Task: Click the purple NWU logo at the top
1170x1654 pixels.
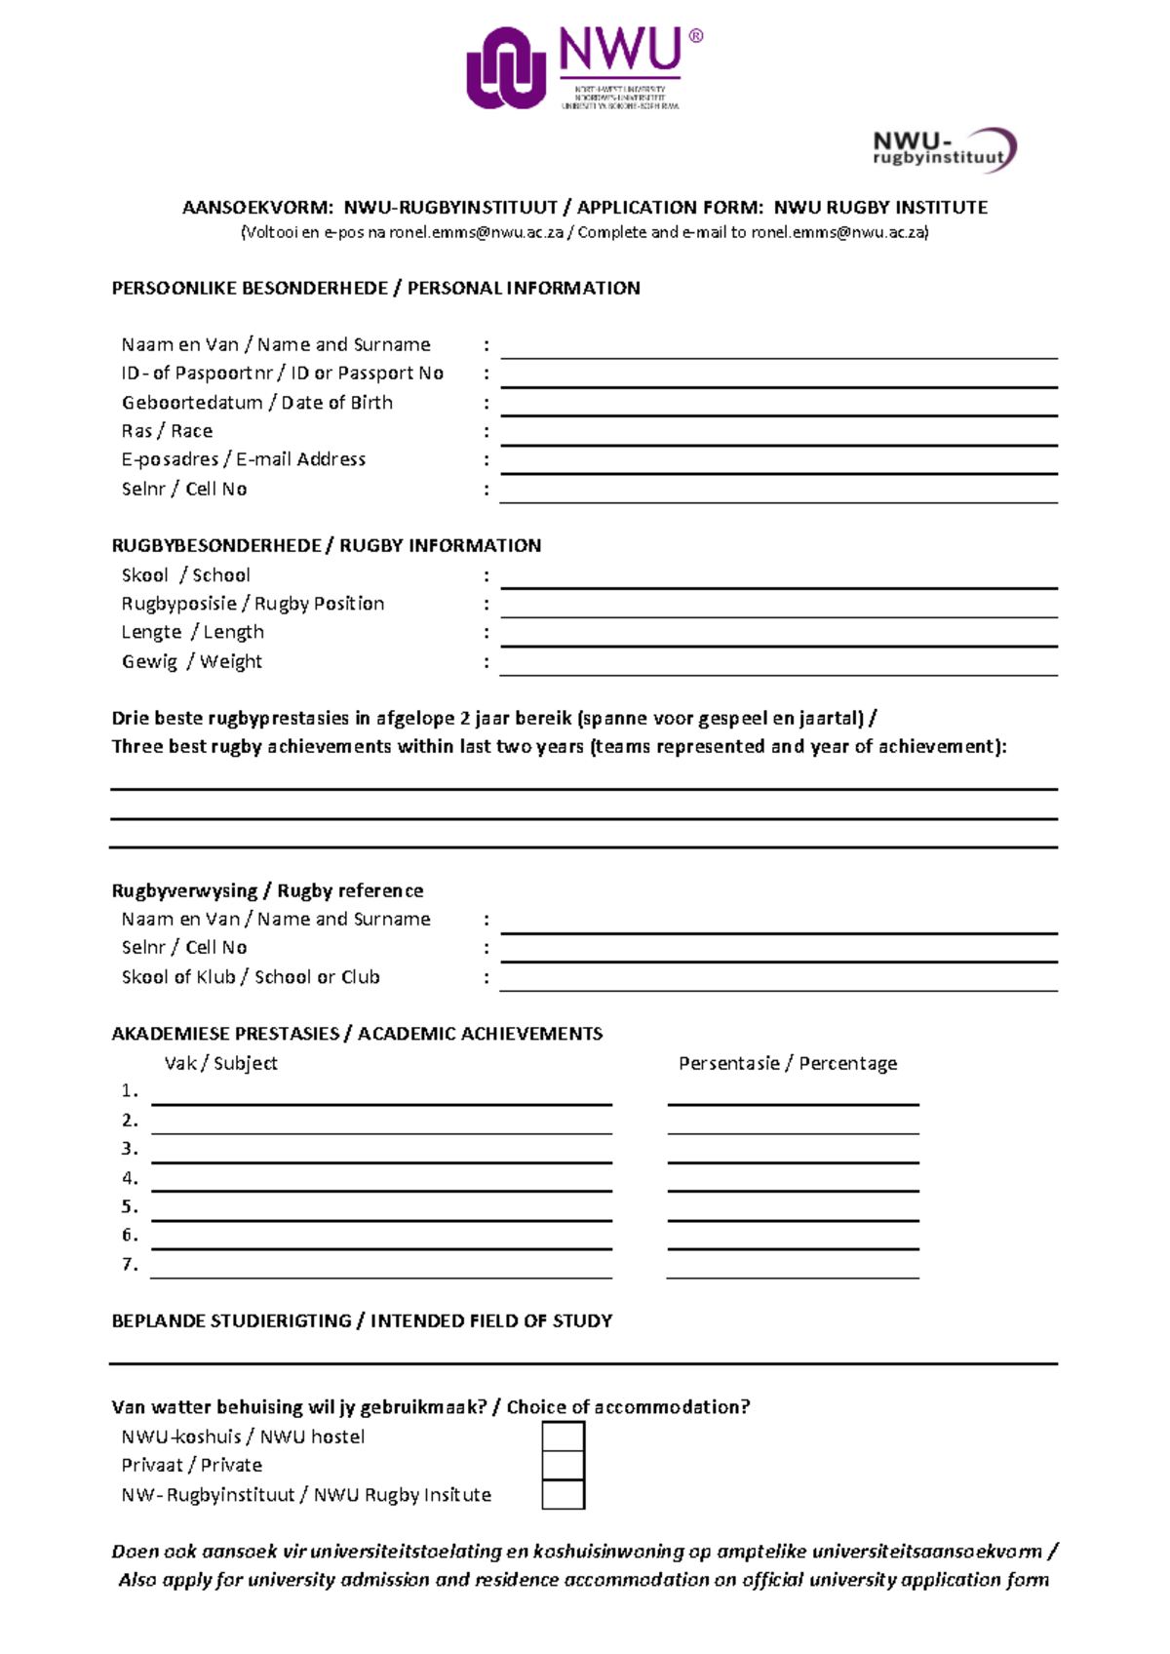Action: pos(583,68)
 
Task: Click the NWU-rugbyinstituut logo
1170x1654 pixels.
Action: pos(943,150)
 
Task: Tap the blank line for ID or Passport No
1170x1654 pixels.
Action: pos(778,380)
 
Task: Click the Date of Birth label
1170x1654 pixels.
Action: pos(257,403)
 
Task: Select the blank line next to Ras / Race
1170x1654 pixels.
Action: pos(778,438)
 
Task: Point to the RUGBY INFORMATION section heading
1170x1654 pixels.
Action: pos(326,545)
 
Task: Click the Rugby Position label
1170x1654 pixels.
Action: pos(253,604)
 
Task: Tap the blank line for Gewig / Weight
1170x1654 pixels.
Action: pos(778,668)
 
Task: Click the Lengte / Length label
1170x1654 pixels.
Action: pos(192,632)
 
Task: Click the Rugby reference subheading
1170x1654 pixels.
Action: pos(267,890)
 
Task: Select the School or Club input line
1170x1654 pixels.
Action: pos(778,984)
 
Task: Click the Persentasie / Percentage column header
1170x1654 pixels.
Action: pos(788,1063)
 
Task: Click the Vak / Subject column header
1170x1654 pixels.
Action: pos(220,1063)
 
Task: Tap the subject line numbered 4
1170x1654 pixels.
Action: pos(381,1184)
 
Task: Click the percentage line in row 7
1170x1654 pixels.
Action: pos(793,1271)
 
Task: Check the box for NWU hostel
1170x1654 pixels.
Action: pos(563,1437)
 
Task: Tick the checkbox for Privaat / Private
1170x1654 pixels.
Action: pos(563,1465)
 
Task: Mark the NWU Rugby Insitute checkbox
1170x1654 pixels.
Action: pos(563,1494)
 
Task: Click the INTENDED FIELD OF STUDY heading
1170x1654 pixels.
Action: pos(362,1320)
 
